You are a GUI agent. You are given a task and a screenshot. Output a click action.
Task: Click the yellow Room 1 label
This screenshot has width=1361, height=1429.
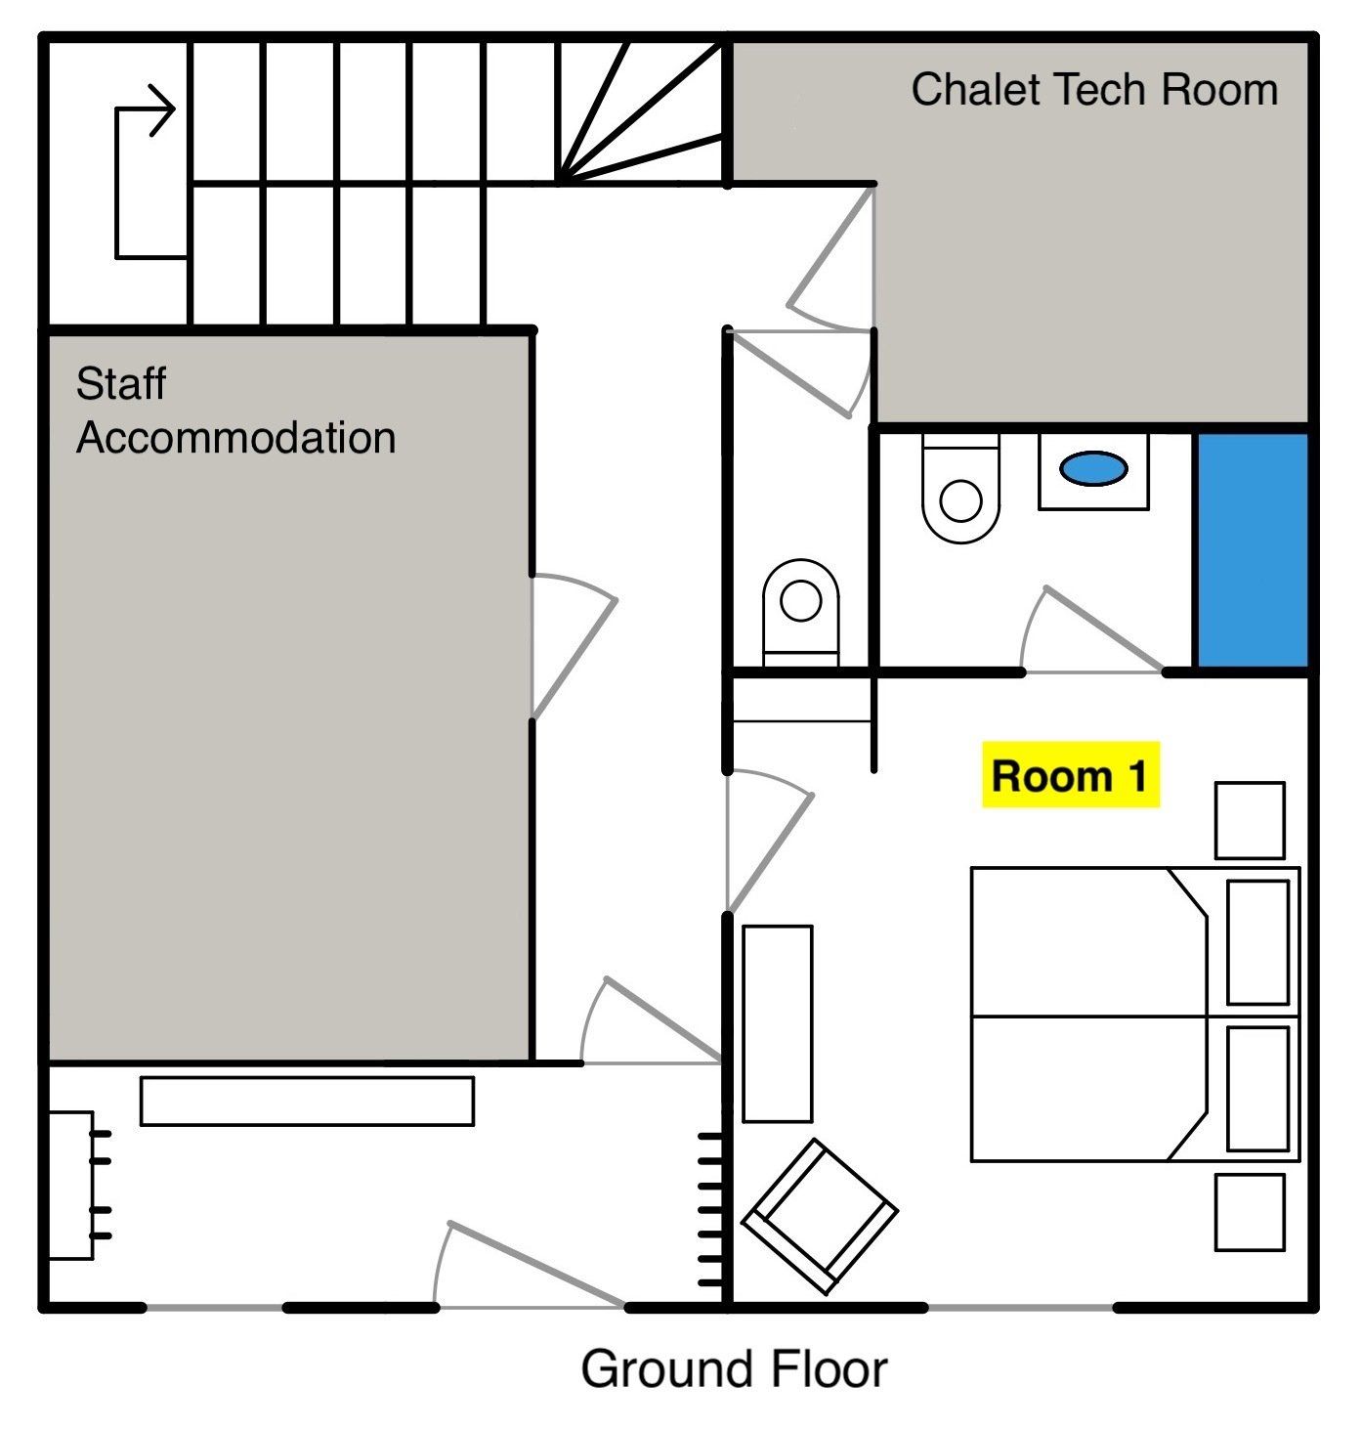1071,775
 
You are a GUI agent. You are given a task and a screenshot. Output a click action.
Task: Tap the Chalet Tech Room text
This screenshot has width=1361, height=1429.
1094,89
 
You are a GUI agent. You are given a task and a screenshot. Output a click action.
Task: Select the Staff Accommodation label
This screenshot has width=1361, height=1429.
235,411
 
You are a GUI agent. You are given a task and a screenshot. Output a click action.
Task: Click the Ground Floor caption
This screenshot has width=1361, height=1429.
734,1369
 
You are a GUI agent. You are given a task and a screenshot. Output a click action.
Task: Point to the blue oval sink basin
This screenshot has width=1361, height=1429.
1093,468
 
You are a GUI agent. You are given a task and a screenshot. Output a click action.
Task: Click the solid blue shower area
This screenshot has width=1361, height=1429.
1252,549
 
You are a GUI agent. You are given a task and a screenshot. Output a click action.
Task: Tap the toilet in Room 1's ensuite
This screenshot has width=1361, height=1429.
960,488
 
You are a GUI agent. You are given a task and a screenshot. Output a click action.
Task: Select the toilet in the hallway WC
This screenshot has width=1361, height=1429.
801,613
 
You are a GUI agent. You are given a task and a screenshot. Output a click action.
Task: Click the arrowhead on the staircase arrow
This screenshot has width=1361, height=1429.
162,109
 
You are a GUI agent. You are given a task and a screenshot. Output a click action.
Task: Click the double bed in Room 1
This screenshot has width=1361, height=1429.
1135,1015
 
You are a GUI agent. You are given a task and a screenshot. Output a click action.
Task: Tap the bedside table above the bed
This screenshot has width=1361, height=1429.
1250,820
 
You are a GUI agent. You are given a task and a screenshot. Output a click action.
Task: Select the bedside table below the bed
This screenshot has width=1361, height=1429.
1250,1212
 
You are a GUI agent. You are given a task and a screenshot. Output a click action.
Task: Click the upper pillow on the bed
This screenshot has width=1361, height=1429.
1257,942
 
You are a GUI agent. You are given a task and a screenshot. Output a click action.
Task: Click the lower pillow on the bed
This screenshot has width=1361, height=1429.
1257,1089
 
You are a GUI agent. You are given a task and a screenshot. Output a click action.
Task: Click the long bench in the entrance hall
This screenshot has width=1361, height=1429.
307,1102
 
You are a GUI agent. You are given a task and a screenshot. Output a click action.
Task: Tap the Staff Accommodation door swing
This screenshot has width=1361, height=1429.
574,646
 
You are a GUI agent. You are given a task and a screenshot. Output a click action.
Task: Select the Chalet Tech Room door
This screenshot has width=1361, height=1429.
830,259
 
